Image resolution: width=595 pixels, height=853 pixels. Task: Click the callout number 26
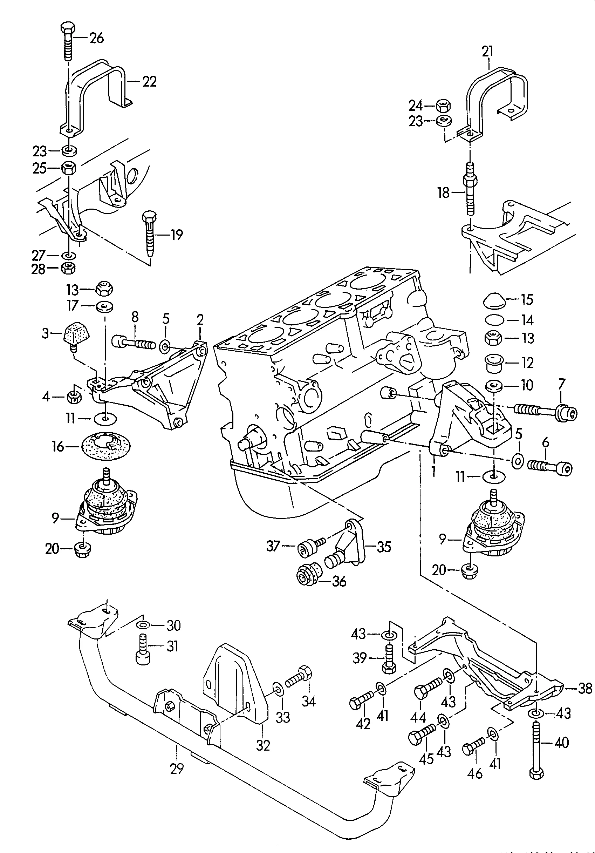click(97, 38)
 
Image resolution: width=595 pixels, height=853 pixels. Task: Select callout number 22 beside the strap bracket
click(149, 81)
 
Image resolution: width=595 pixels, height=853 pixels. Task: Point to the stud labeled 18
click(470, 190)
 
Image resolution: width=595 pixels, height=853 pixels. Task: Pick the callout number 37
click(273, 546)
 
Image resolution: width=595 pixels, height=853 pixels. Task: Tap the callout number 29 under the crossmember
click(177, 768)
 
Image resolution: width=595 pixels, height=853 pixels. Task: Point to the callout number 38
click(585, 689)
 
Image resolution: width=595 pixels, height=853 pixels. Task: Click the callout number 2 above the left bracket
click(200, 319)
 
